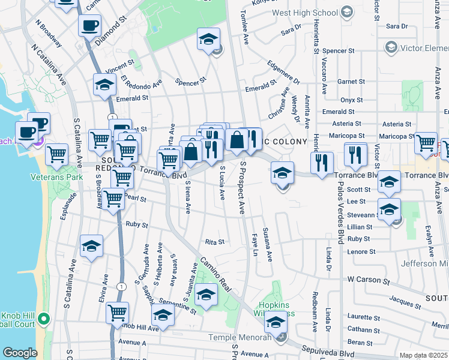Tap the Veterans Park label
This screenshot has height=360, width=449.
[58, 178]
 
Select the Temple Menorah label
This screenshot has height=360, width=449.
[238, 338]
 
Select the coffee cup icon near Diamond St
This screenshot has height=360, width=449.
[89, 26]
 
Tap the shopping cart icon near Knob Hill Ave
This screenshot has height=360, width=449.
[117, 312]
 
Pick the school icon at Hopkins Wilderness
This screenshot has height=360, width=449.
[276, 322]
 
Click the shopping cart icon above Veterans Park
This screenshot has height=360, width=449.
[56, 154]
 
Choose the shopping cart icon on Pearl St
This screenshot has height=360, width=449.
[113, 199]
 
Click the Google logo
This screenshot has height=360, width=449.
[20, 353]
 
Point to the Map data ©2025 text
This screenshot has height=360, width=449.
[423, 355]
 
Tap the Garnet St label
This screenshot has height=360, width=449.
[351, 82]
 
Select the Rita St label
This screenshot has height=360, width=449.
[214, 242]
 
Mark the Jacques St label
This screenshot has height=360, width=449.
[405, 298]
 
